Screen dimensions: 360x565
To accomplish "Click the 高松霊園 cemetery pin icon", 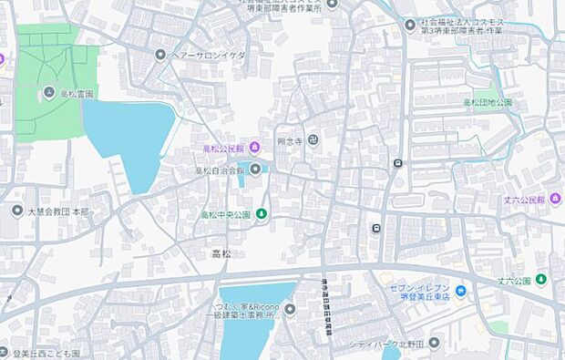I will tap(48, 92).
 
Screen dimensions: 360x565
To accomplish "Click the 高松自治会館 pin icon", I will tap(255, 170).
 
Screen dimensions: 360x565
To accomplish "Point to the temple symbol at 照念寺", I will tap(313, 140).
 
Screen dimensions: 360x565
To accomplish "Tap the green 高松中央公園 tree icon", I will tap(262, 214).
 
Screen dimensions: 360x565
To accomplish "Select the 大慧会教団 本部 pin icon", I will tap(17, 211).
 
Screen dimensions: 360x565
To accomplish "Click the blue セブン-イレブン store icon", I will tap(461, 292).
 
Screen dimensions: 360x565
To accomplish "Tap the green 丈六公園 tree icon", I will tap(541, 279).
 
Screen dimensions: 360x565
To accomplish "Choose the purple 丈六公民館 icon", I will tap(556, 200).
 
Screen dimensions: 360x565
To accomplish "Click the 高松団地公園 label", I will tap(488, 103).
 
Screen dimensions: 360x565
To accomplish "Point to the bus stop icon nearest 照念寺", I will tap(397, 164).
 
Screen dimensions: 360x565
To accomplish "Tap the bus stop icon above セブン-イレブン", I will tap(375, 228).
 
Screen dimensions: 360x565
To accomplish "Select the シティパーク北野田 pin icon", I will tap(434, 343).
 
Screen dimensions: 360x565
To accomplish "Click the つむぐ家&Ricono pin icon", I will tap(290, 309).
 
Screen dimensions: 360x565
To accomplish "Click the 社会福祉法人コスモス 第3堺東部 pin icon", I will tap(410, 24).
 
